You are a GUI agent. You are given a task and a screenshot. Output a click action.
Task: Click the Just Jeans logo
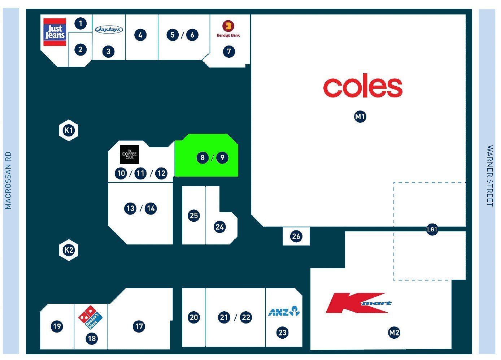pos(55,32)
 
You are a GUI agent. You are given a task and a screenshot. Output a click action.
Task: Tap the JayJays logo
pos(109,29)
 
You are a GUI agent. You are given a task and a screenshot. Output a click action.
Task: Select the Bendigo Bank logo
pos(228,29)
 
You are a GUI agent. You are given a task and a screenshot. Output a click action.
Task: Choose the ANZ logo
pos(284,311)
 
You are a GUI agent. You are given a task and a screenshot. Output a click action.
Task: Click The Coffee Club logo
pos(130,155)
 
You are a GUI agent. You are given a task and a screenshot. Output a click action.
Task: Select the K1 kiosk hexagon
pos(69,130)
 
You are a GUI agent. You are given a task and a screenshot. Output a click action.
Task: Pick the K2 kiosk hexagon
pos(69,250)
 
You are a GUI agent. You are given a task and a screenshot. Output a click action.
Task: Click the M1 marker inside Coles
pos(360,117)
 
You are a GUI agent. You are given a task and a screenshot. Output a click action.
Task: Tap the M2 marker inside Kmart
pos(394,333)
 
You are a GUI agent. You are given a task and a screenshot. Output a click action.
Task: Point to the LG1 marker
pos(432,229)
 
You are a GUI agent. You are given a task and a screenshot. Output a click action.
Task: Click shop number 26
pos(296,236)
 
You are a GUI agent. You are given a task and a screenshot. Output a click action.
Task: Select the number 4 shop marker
pos(140,35)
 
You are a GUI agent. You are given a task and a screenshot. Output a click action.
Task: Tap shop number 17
pos(139,326)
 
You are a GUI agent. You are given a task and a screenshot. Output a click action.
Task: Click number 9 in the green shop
pos(222,158)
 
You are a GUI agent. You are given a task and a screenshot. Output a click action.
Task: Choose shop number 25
pos(194,216)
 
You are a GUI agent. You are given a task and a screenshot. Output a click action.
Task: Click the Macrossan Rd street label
pos(8,180)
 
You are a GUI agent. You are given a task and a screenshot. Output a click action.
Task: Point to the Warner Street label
pos(490,176)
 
